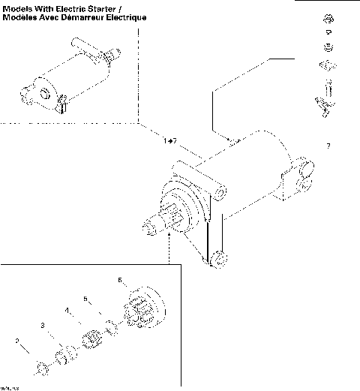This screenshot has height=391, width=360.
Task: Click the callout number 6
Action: click(119, 280)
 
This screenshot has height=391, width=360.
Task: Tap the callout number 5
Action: click(85, 298)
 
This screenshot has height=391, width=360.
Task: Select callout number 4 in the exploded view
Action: click(66, 310)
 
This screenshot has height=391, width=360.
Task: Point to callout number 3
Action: click(43, 325)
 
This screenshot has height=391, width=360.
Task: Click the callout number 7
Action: click(328, 145)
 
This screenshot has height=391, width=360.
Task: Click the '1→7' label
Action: click(169, 140)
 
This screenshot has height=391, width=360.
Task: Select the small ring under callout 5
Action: click(111, 326)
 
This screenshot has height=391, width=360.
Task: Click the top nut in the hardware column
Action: click(328, 17)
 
